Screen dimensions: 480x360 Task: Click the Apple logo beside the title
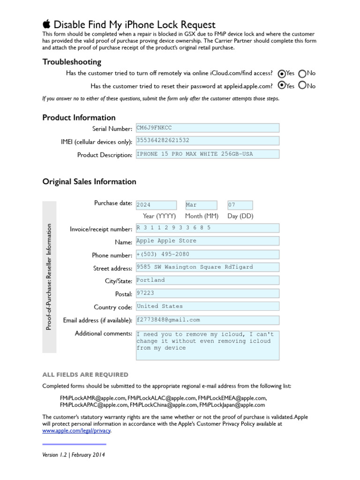click(46, 24)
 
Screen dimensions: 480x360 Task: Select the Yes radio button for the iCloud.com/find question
click(281, 74)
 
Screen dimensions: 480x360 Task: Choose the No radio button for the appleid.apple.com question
click(302, 85)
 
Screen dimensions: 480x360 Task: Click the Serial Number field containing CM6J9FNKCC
click(207, 128)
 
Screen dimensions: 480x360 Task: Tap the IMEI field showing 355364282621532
click(207, 141)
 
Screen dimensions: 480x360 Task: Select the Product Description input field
click(207, 154)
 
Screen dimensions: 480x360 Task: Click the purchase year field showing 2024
click(156, 205)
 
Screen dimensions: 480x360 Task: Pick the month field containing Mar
click(201, 205)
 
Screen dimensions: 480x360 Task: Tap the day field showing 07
click(240, 205)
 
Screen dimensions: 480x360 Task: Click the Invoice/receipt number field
click(207, 228)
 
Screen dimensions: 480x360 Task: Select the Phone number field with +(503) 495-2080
click(207, 255)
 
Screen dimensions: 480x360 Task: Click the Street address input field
click(207, 267)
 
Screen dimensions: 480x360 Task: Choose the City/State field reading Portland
click(207, 280)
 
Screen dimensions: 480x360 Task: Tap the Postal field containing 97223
click(207, 293)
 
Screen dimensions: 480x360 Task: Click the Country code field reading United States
click(207, 307)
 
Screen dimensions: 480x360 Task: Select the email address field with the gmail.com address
click(207, 320)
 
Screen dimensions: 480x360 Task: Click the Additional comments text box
click(207, 345)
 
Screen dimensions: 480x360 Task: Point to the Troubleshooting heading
click(72, 62)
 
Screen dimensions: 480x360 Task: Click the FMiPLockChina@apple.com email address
click(163, 405)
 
